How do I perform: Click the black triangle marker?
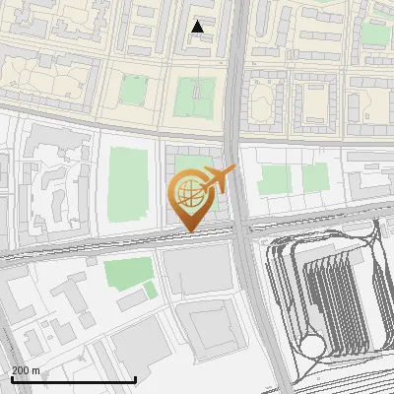[198, 27]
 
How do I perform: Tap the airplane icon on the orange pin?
[220, 179]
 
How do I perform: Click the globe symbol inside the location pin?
[188, 189]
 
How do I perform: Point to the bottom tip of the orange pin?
[188, 232]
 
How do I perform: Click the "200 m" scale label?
[26, 370]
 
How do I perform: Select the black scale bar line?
[73, 379]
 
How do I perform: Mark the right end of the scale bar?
[135, 379]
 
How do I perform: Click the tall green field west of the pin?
[125, 184]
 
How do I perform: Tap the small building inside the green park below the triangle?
[197, 92]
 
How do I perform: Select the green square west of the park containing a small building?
[134, 91]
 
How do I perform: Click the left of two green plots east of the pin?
[275, 178]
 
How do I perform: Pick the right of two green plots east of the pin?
[315, 177]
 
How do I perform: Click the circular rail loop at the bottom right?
[314, 345]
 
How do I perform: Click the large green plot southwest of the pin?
[128, 271]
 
